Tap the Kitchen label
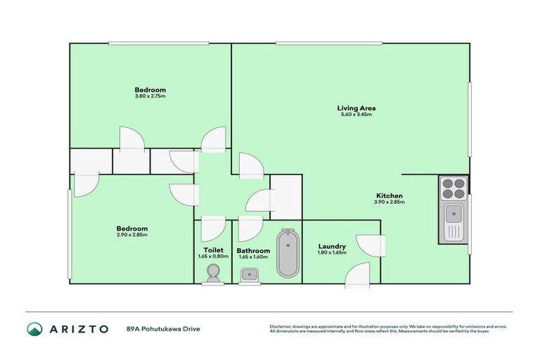(389, 196)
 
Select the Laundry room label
(332, 246)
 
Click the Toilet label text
(213, 250)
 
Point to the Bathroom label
(253, 250)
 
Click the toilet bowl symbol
(213, 278)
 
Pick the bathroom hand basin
(247, 276)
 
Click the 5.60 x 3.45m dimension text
(356, 115)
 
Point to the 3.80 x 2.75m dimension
(150, 96)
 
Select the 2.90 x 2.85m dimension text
(131, 235)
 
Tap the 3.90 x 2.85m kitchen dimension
(389, 202)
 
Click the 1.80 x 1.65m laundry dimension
(332, 252)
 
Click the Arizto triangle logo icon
(34, 328)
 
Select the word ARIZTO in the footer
(79, 328)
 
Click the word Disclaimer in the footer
(280, 326)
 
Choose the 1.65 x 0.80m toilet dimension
(213, 256)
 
